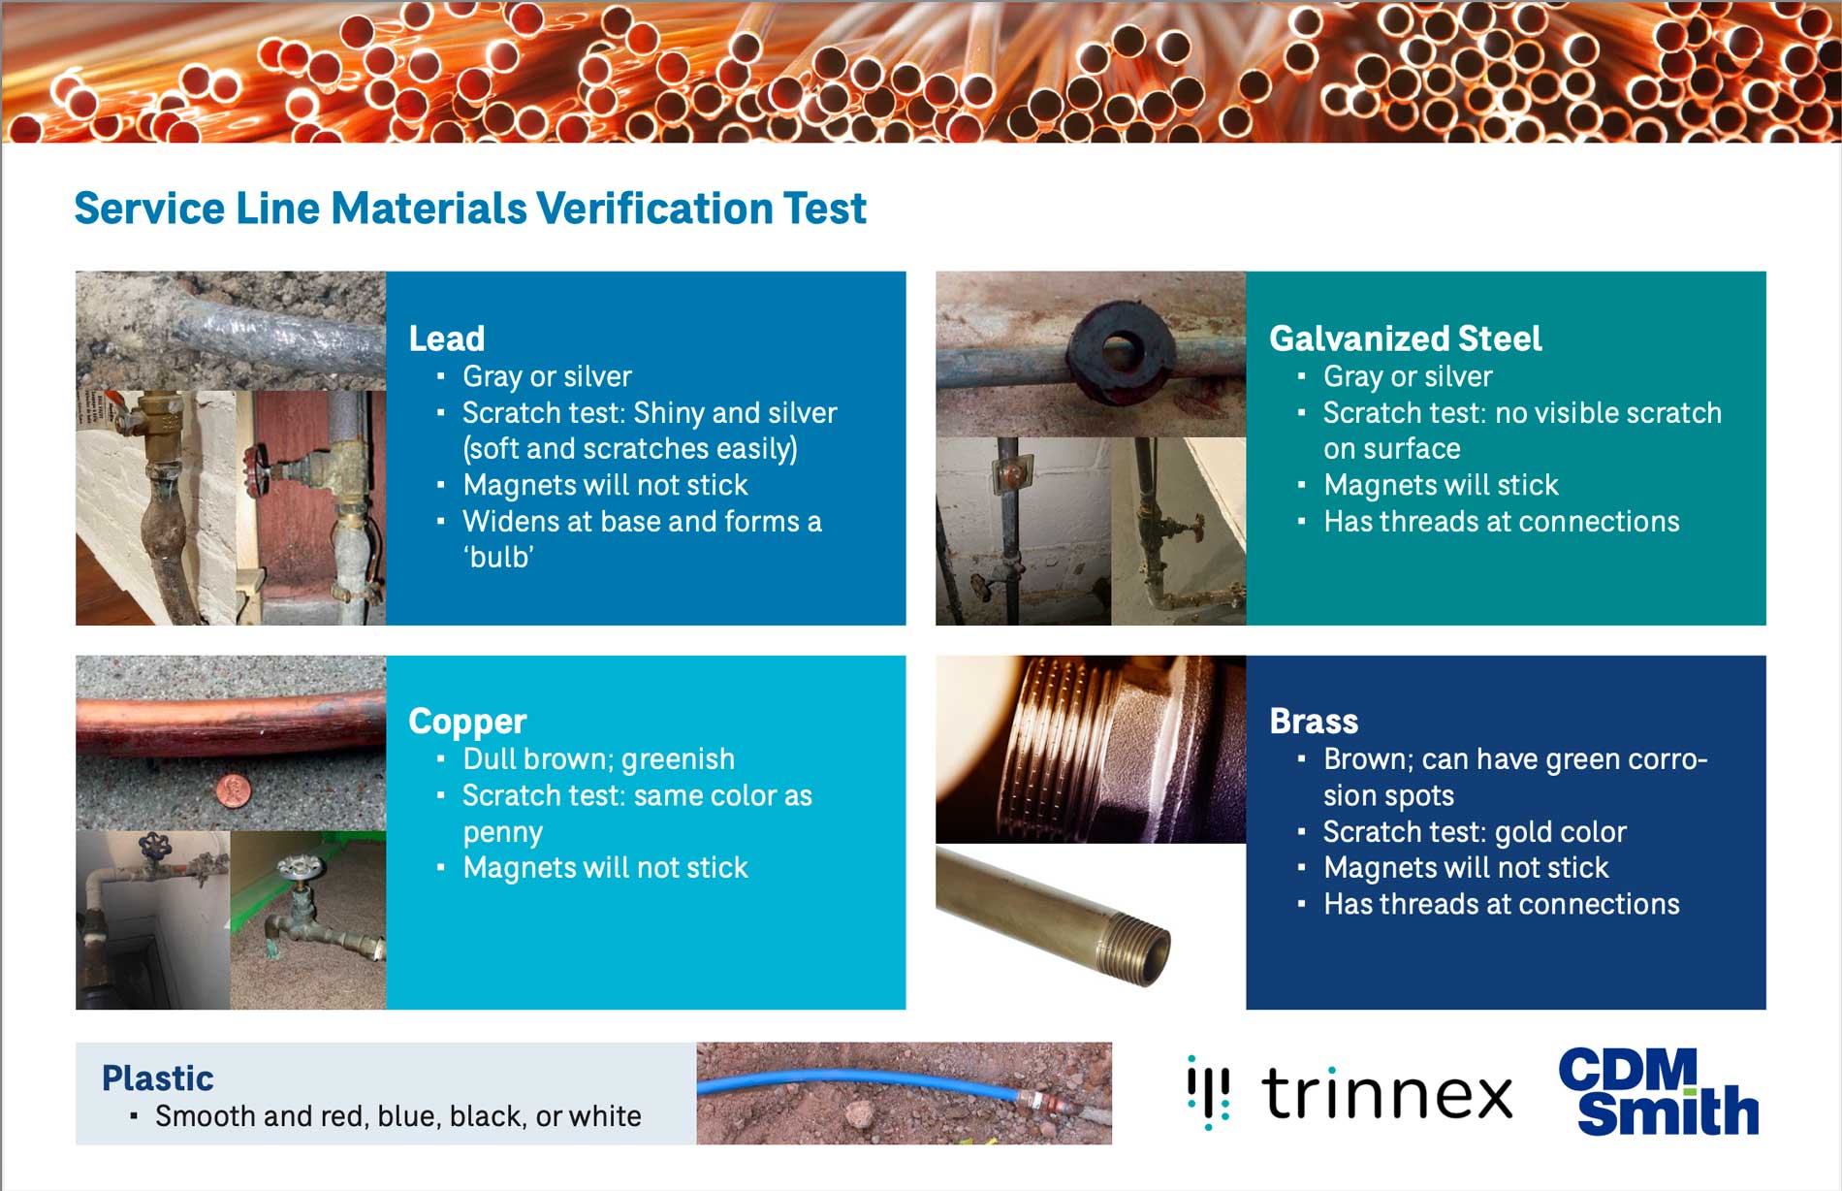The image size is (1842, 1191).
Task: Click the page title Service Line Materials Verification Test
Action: (470, 209)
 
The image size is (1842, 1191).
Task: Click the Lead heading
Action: (446, 338)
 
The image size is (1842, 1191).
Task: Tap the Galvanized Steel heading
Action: (1405, 338)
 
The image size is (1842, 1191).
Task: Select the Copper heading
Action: (466, 722)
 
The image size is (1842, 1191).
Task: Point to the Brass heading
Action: (1314, 722)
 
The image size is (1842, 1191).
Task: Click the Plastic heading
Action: (157, 1078)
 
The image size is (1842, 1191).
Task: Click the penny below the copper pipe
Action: (234, 790)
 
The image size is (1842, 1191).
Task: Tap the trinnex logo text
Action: (1386, 1094)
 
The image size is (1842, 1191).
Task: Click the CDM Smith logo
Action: (1658, 1092)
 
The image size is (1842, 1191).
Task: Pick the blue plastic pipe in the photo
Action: (853, 1080)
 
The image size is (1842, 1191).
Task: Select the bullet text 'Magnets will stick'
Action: (1441, 485)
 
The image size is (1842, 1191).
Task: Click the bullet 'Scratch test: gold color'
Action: (1475, 832)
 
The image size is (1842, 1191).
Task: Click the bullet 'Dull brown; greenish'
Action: (598, 759)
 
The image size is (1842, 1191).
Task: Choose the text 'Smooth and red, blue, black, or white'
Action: (397, 1116)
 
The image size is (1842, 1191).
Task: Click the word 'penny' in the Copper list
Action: (502, 832)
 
